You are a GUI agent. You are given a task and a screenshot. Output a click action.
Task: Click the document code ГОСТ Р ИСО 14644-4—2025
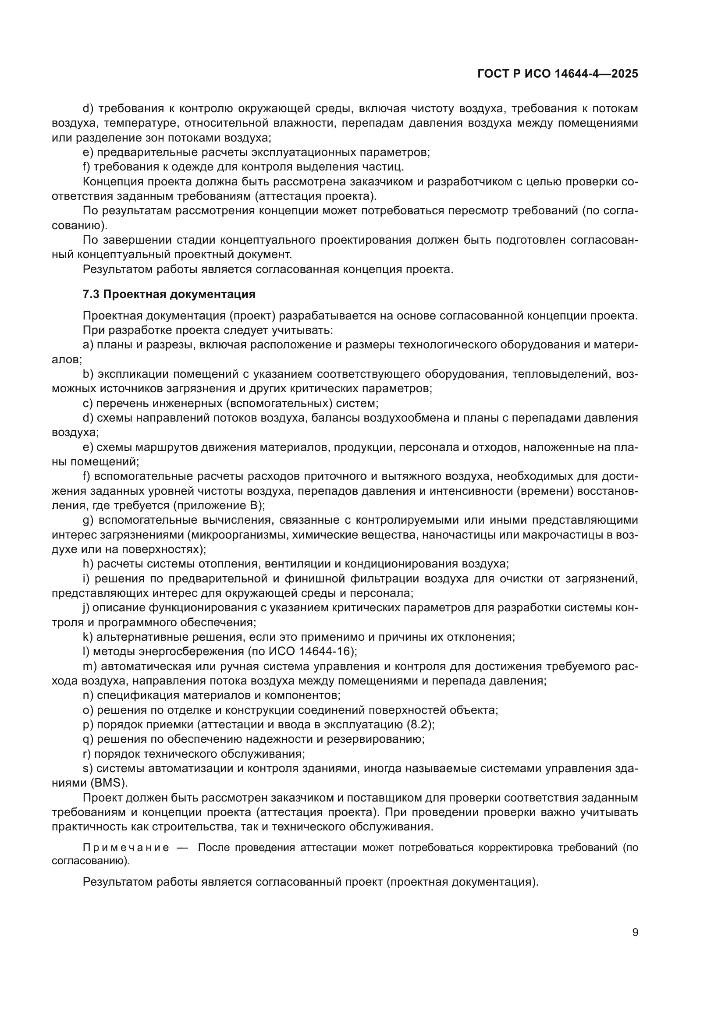coord(558,74)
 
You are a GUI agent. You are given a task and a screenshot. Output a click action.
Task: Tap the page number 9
coord(635,933)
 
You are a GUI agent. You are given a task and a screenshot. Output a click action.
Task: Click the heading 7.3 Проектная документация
coord(169,294)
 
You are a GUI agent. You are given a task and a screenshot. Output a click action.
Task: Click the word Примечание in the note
coord(126,848)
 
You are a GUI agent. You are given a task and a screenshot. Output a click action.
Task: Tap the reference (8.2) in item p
coord(419,724)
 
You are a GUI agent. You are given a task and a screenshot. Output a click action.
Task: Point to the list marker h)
coord(88,564)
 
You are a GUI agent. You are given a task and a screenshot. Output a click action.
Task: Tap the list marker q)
coord(88,739)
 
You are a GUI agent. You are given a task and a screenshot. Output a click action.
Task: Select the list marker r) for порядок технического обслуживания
coord(87,754)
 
